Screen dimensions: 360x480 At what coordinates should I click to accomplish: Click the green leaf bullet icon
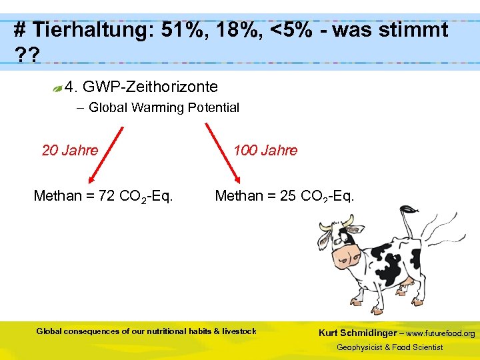59,87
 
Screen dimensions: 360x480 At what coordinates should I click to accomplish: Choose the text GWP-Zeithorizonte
150,87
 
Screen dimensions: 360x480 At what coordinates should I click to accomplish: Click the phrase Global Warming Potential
164,107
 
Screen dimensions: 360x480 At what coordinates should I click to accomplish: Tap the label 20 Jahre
70,150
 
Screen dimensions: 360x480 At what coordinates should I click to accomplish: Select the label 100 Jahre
265,150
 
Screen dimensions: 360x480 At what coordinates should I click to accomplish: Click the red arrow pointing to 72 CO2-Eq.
105,153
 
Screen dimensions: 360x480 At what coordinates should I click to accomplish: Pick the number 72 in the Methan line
105,196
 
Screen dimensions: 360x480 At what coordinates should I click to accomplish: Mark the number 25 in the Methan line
287,196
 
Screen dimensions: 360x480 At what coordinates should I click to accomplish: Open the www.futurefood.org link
441,333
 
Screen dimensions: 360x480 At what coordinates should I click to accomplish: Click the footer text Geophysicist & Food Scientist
389,347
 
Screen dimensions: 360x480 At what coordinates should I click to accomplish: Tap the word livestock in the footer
239,331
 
